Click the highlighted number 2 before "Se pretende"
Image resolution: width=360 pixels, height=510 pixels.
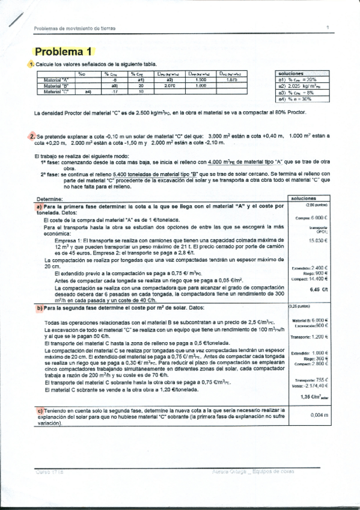click(31, 137)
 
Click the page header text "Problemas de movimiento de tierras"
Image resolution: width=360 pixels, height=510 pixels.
click(75, 28)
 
